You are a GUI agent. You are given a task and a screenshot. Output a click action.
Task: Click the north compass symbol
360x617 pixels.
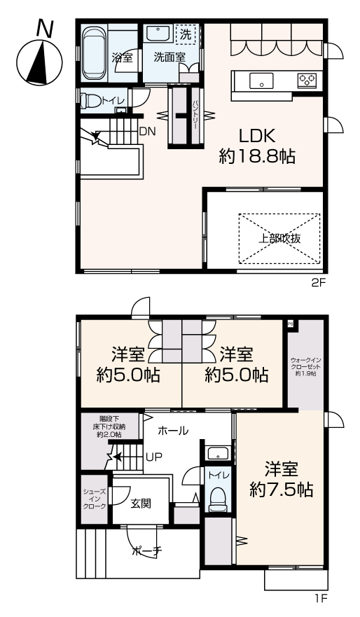(x=40, y=59)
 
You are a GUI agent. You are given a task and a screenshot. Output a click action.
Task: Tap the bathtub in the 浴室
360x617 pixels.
(x=94, y=53)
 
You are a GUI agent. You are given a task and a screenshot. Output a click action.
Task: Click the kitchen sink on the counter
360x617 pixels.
(x=261, y=81)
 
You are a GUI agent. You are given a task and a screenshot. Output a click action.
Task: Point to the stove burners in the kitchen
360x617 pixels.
(x=308, y=80)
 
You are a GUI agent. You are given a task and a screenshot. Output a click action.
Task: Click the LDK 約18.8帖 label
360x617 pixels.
(x=257, y=146)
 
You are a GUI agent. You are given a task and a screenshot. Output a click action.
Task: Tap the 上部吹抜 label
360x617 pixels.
(x=279, y=238)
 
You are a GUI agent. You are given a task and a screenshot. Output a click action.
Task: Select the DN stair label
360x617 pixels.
(x=148, y=132)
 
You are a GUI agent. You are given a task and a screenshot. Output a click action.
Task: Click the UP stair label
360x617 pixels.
(x=154, y=457)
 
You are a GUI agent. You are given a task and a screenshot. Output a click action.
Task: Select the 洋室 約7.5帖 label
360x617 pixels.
(x=281, y=479)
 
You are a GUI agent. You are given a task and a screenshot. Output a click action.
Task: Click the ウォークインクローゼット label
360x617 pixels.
(x=305, y=367)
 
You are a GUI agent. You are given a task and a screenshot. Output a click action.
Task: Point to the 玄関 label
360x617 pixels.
(x=141, y=503)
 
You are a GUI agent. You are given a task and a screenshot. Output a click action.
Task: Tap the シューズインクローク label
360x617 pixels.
(x=95, y=499)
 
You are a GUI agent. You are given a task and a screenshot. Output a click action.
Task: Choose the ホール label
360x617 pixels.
(x=173, y=431)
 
